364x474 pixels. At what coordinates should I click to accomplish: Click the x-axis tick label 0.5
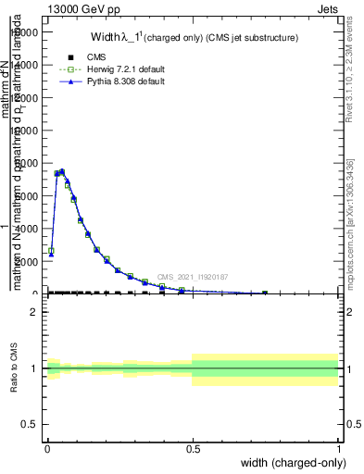(x=193, y=449)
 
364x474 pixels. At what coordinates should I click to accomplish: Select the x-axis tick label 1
(x=339, y=449)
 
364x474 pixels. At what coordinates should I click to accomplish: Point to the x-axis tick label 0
(x=47, y=449)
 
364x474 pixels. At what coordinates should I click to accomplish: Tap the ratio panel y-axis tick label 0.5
(x=28, y=425)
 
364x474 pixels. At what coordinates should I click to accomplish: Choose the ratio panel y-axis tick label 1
(x=32, y=368)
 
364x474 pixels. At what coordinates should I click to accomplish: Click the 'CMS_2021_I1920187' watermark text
(x=192, y=277)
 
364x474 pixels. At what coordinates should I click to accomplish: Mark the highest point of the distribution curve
(x=62, y=171)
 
